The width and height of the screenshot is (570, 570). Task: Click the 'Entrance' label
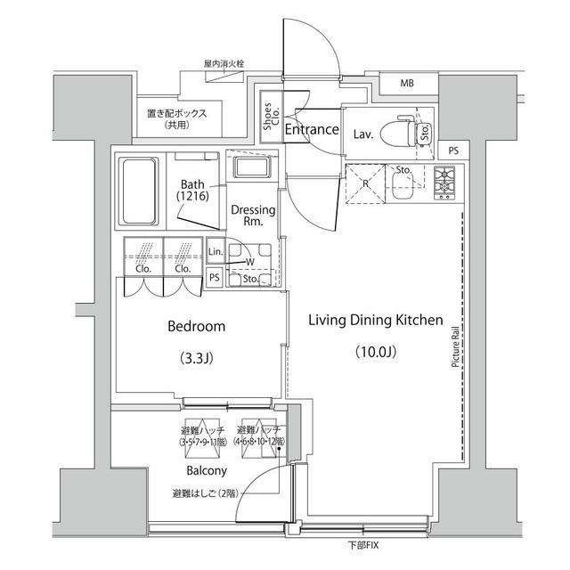tap(312, 130)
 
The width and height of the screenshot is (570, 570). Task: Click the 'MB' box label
tap(407, 85)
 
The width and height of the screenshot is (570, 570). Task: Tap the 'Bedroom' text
tap(197, 327)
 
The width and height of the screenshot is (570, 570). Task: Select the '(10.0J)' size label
tap(375, 350)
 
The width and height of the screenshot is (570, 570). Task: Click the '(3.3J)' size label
tap(197, 360)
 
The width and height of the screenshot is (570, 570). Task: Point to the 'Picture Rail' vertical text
tap(455, 346)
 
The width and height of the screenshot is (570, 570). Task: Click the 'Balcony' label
tap(207, 470)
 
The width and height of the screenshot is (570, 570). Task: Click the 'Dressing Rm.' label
tap(253, 216)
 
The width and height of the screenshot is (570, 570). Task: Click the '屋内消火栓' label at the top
tap(224, 65)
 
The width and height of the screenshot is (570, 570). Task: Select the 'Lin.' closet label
tap(215, 253)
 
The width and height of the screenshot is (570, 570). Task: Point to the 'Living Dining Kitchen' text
tap(375, 320)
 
